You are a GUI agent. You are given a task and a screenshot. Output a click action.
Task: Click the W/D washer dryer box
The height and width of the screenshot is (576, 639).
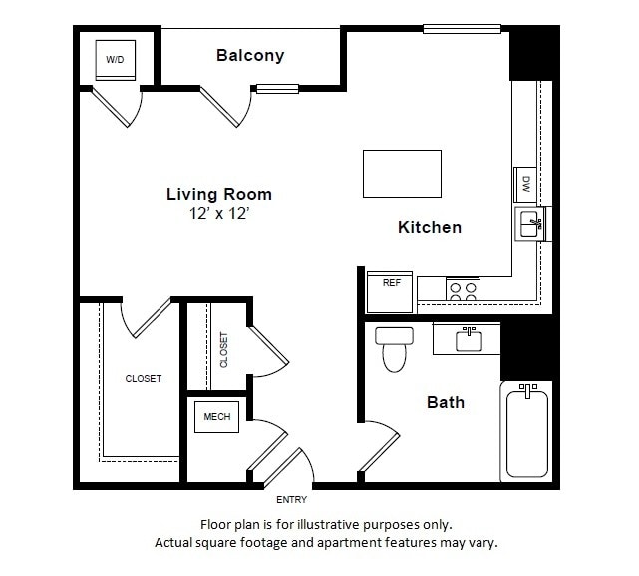pos(116,60)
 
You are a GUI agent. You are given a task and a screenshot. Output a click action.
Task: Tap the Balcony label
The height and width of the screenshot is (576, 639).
pos(250,56)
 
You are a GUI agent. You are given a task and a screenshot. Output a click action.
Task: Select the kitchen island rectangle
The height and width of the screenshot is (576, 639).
pos(402,174)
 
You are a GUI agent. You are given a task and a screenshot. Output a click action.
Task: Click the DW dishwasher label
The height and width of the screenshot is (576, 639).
pos(525,185)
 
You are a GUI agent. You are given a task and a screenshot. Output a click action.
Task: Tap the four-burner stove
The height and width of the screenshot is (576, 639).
pos(462,289)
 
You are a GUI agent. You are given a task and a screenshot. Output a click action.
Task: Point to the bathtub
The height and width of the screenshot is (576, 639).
pos(526,431)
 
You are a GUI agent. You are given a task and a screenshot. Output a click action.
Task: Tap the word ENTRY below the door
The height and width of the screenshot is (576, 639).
pos(292,500)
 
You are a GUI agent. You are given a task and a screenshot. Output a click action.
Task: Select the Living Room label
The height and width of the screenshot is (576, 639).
pos(218,194)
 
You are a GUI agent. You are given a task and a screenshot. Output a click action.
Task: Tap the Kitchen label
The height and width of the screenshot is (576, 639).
pos(430,227)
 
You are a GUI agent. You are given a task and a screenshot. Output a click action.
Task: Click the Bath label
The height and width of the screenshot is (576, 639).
pos(446,403)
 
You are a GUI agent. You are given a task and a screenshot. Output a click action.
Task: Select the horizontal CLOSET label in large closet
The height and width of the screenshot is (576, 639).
pos(143,379)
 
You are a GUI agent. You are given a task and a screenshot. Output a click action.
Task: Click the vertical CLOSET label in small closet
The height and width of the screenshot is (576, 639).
pos(223,349)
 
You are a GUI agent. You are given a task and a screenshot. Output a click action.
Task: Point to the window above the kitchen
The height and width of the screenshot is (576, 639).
pos(462,28)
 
